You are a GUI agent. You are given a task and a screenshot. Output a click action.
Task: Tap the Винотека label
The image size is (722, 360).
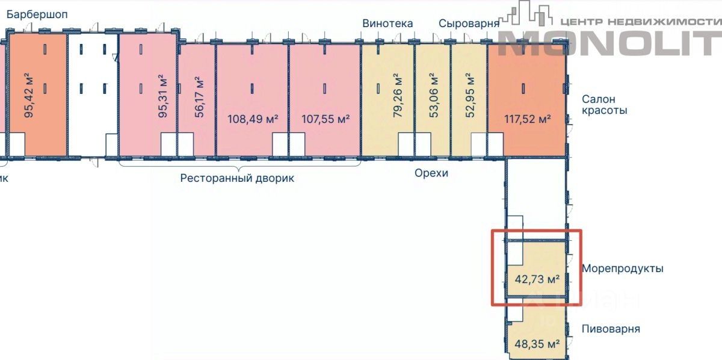pos(387,23)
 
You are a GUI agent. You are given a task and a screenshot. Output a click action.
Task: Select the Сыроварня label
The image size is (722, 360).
pos(469,23)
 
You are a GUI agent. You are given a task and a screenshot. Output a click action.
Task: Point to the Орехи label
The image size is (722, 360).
pos(431,173)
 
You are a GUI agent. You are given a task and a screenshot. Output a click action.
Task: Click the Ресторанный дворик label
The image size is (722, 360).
pos(237,178)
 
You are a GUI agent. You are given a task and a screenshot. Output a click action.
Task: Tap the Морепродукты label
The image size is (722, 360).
pos(622,268)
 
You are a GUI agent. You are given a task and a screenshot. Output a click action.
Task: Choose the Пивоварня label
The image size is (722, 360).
pos(611,329)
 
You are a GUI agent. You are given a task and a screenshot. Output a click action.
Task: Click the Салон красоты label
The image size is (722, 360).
pos(604,105)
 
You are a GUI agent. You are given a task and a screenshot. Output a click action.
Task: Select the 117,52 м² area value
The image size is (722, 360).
pos(528,119)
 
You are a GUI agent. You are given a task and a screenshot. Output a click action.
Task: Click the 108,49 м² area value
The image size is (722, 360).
pos(253,119)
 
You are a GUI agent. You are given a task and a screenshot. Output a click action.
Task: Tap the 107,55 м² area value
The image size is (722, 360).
pos(325,119)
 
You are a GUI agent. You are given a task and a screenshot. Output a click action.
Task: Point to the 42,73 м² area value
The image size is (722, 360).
pos(537,279)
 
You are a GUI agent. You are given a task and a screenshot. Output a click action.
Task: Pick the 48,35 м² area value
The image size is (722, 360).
pos(537,344)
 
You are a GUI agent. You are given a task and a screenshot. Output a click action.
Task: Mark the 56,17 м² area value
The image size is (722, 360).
pos(200,96)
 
